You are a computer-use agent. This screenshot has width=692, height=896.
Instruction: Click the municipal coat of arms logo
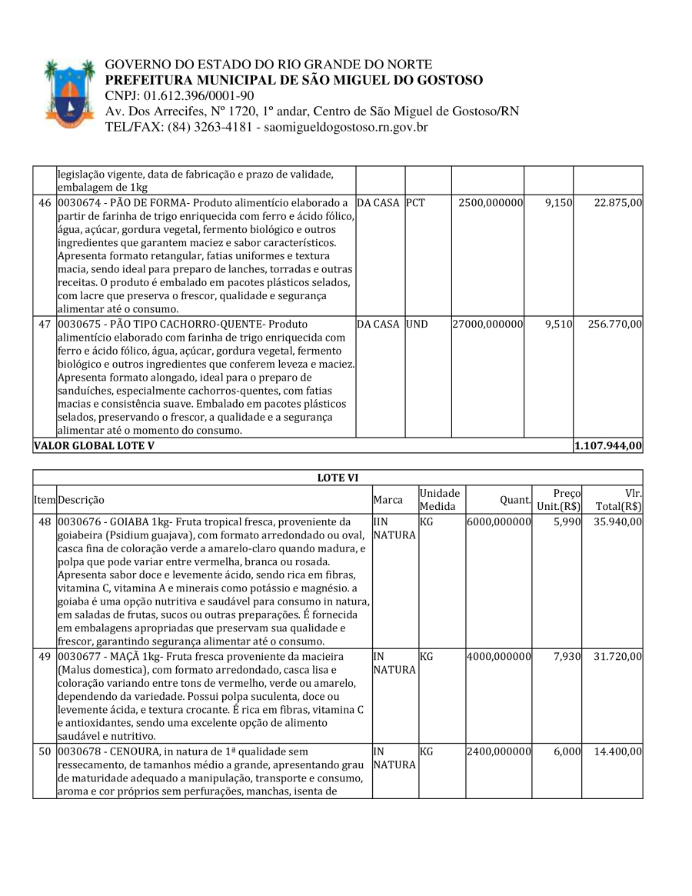click(x=68, y=94)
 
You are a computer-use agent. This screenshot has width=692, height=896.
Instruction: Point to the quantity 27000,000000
click(x=487, y=325)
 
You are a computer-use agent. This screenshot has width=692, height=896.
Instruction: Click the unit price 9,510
click(x=558, y=325)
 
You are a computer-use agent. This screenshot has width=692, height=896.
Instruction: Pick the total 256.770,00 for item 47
click(x=615, y=325)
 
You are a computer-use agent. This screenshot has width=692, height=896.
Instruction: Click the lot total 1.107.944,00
click(x=608, y=446)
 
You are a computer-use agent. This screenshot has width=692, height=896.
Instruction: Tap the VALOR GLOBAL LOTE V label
click(x=94, y=446)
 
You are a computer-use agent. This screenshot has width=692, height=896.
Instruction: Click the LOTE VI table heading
click(x=338, y=478)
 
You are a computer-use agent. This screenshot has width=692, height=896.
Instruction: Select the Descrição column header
click(x=82, y=500)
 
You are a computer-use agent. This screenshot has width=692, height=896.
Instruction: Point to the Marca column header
click(x=388, y=500)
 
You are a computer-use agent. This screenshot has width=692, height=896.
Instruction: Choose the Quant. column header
click(x=516, y=500)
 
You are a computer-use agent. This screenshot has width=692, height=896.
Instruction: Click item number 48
click(x=45, y=521)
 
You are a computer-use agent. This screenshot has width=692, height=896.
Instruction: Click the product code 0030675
click(x=78, y=325)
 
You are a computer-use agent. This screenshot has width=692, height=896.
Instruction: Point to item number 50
click(x=45, y=751)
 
